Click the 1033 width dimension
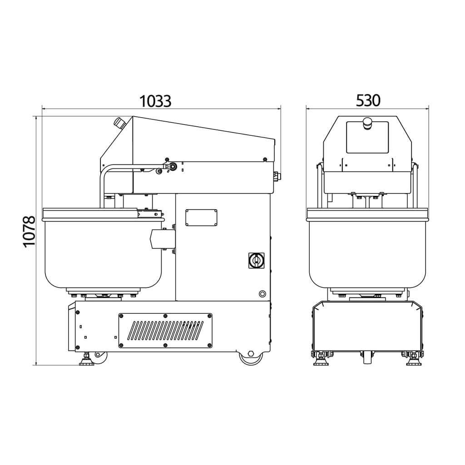coord(155,101)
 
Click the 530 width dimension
coord(368,100)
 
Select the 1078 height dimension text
coord(29,232)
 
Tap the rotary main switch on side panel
coord(256,261)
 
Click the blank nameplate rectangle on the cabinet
coord(201,218)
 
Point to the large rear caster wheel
coord(251,357)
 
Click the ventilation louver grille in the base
coord(165,331)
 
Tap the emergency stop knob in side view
coord(120,123)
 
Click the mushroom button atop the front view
coord(367,123)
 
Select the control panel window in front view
coord(367,138)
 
